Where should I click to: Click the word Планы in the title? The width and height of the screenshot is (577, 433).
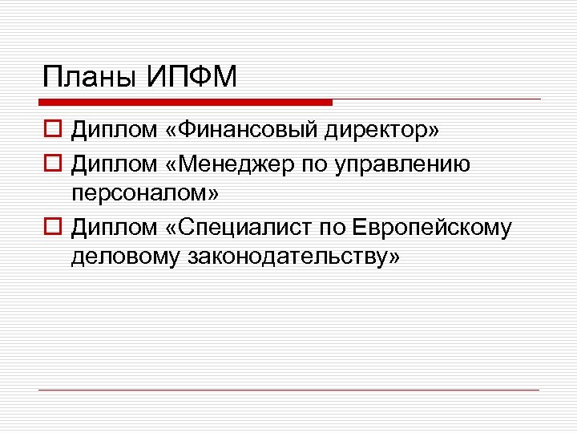pyautogui.click(x=91, y=78)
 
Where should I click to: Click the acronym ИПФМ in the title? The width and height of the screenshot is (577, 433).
pyautogui.click(x=192, y=78)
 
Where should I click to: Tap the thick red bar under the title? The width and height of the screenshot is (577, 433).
pyautogui.click(x=185, y=103)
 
